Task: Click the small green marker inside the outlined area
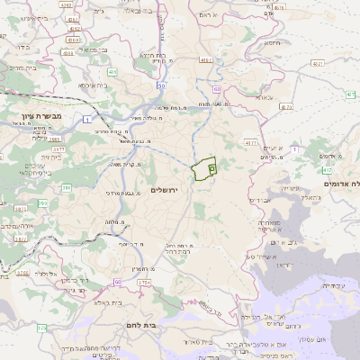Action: pyautogui.click(x=212, y=166)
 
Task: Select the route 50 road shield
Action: pyautogui.click(x=160, y=85)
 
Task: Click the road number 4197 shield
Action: pyautogui.click(x=207, y=60)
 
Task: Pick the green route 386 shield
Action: pyautogui.click(x=67, y=188)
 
